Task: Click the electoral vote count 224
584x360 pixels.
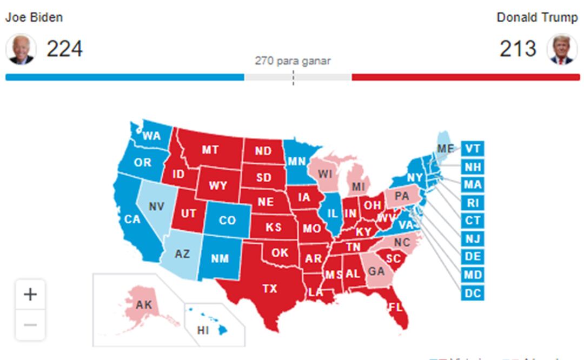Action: [x=64, y=49]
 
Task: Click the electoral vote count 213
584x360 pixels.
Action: [x=518, y=49]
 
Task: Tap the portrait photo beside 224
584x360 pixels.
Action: [x=21, y=49]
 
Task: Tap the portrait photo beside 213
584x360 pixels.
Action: [x=562, y=49]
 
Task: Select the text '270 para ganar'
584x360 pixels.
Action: [x=293, y=61]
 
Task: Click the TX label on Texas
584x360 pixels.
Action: [x=270, y=289]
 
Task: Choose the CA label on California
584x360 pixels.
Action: [x=132, y=219]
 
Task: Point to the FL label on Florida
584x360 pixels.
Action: [x=395, y=307]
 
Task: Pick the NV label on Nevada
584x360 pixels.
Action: [x=156, y=206]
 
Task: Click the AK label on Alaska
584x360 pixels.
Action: [x=144, y=305]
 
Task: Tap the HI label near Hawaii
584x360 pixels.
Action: [x=203, y=330]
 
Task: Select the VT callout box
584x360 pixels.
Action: [x=472, y=149]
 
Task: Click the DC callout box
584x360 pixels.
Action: [x=472, y=294]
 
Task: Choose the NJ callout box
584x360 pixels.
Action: [x=472, y=239]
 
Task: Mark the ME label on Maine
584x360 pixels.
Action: [x=446, y=149]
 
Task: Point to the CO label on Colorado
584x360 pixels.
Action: [x=227, y=221]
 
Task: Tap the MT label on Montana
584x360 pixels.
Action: [x=210, y=150]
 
